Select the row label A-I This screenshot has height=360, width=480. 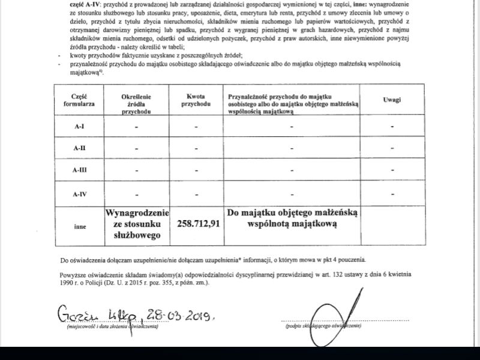[x=79, y=126]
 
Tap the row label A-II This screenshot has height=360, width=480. [x=79, y=148]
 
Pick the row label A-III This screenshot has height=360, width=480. [x=79, y=170]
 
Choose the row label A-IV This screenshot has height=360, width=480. [x=79, y=193]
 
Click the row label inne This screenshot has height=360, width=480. [x=79, y=227]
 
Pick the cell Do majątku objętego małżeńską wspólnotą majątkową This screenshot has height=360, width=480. [x=292, y=218]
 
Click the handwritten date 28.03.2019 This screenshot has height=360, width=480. [x=178, y=316]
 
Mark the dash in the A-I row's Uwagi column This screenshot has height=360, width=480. [x=391, y=126]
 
